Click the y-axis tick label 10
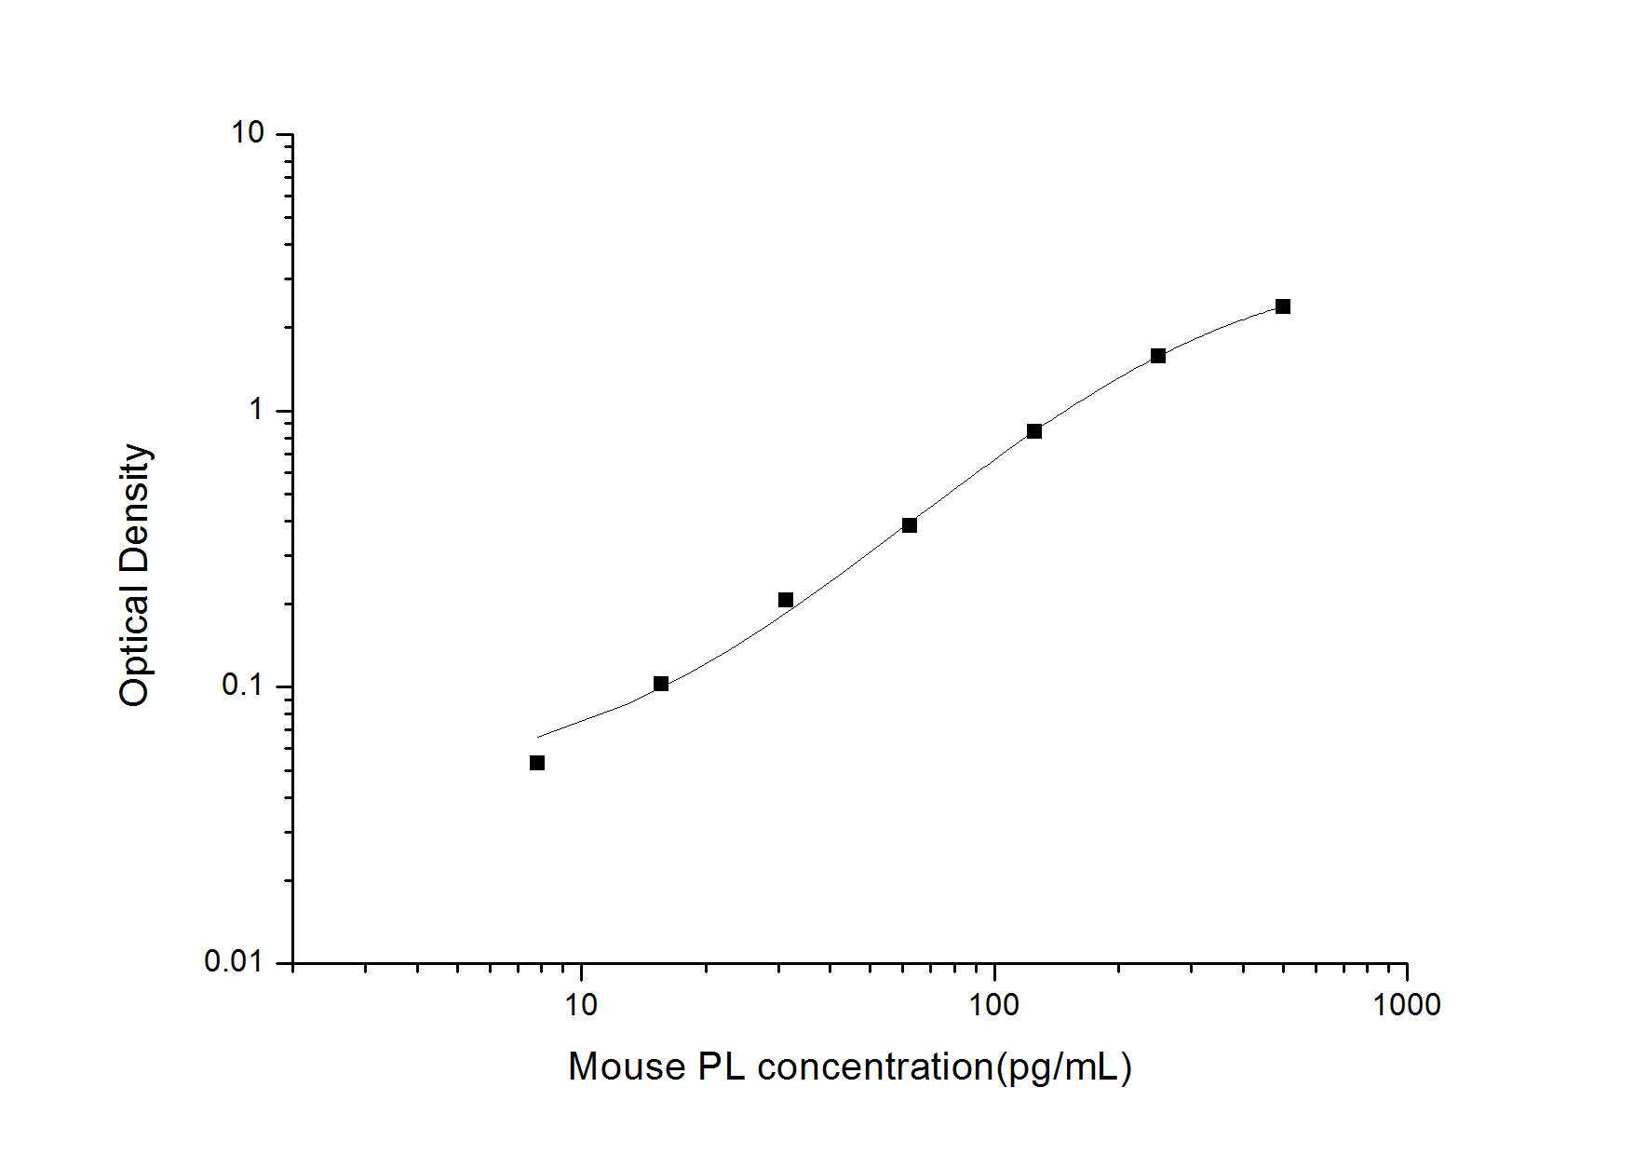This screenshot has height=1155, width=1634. [x=248, y=133]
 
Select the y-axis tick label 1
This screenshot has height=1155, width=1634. [x=256, y=409]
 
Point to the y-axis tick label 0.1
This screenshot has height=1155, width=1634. [x=242, y=686]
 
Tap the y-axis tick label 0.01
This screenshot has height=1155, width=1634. [x=234, y=961]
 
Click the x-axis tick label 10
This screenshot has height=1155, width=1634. [x=581, y=1004]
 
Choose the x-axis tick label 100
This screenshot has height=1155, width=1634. [x=993, y=1004]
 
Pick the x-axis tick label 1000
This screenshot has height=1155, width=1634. [x=1406, y=1004]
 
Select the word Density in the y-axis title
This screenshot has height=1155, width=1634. [x=134, y=508]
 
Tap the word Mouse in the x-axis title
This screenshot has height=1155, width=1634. [x=626, y=1067]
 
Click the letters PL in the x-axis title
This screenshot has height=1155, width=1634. [x=722, y=1067]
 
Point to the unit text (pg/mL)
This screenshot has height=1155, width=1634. [x=1063, y=1067]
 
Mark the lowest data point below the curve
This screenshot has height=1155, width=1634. [x=537, y=763]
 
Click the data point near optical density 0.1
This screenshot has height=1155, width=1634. [x=661, y=684]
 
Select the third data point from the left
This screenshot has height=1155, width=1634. [x=786, y=600]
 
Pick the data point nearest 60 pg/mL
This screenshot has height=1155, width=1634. [x=910, y=525]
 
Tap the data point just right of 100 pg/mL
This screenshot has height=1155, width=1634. [x=1034, y=431]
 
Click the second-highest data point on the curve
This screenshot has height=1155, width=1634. [x=1158, y=356]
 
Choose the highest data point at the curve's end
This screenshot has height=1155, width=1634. [x=1283, y=306]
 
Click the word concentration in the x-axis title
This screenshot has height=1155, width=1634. [x=875, y=1067]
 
